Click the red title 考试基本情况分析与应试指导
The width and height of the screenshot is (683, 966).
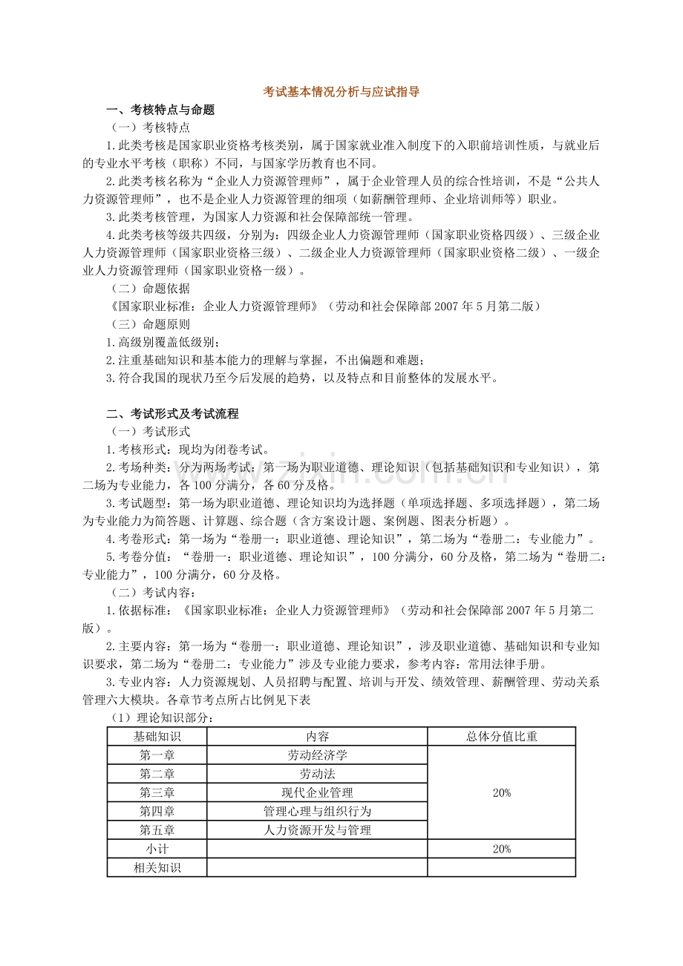pos(341,93)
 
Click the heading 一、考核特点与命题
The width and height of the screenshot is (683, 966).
pos(161,110)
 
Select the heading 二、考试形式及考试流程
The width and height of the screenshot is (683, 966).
pos(173,414)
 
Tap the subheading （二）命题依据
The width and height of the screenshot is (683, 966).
pos(150,289)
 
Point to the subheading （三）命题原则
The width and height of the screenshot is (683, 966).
pos(150,324)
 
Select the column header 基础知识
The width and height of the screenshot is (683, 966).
pos(157,737)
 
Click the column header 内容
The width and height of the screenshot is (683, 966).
pos(317,737)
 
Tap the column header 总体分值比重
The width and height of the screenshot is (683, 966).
pos(502,737)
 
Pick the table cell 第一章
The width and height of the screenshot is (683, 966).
pos(157,755)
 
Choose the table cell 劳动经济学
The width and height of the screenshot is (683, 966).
pos(317,755)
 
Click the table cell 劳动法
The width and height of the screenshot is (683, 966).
pos(317,774)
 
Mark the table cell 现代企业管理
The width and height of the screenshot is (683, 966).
pos(317,793)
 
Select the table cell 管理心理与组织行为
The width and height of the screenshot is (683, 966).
pos(317,812)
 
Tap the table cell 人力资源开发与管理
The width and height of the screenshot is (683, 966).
pos(317,830)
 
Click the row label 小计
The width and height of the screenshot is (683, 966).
pos(157,849)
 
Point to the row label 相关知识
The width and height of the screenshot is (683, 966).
pos(157,867)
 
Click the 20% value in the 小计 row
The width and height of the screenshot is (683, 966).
pos(502,849)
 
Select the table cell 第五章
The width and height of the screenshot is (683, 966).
pos(157,830)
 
